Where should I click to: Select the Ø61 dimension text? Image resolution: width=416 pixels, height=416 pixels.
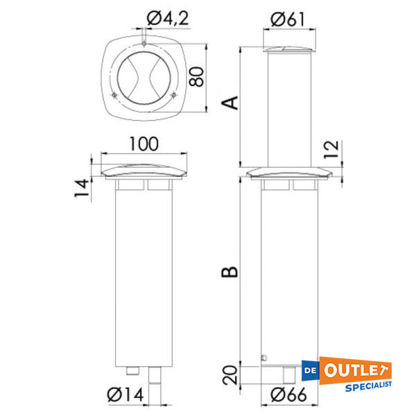pyautogui.click(x=287, y=20)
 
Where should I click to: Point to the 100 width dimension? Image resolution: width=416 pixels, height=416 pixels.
pyautogui.click(x=144, y=144)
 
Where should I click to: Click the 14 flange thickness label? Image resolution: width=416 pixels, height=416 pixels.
pyautogui.click(x=83, y=187)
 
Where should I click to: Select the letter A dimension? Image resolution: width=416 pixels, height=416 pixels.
pyautogui.click(x=232, y=103)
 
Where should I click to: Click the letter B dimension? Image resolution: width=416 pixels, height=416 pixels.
pyautogui.click(x=232, y=268)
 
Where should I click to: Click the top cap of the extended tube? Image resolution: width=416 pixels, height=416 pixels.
pyautogui.click(x=287, y=49)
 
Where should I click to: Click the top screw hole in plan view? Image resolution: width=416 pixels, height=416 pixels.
pyautogui.click(x=143, y=45)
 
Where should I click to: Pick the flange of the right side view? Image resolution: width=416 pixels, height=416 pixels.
pyautogui.click(x=287, y=172)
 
